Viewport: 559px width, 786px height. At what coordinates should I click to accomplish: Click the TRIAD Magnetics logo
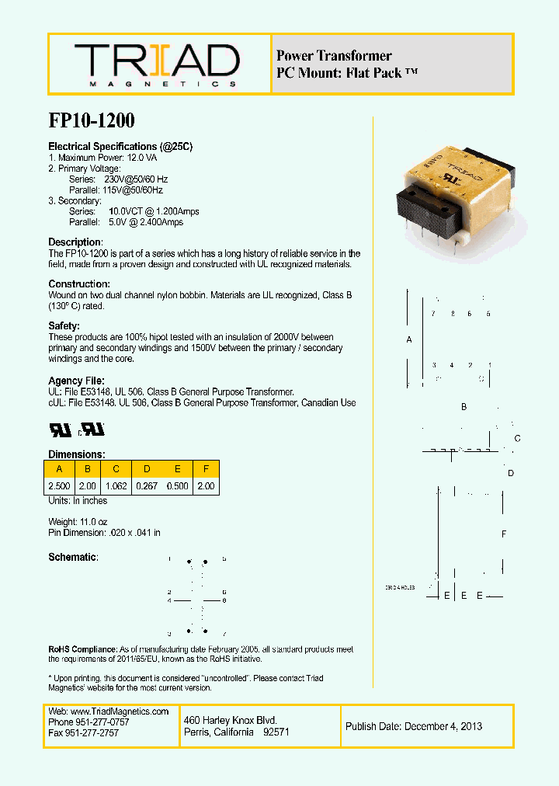[157, 64]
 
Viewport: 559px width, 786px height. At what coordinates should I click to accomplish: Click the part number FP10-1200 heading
[92, 121]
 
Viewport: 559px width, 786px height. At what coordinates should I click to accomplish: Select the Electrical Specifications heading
[120, 147]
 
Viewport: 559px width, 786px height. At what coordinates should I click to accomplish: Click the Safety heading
[64, 326]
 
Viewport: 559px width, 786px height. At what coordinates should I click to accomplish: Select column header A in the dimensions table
[59, 469]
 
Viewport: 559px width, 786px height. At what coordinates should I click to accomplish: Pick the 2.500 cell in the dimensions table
[59, 486]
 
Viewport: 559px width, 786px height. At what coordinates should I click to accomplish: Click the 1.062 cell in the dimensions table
[116, 486]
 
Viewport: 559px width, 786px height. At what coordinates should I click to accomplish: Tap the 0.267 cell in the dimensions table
[146, 486]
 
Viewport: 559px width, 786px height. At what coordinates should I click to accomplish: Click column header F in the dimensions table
[207, 469]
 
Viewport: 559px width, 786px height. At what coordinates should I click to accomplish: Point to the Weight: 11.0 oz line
[78, 521]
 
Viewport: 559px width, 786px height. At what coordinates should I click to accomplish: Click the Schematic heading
[73, 558]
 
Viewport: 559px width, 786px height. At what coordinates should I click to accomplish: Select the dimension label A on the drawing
[409, 340]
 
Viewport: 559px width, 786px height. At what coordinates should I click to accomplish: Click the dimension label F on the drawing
[504, 534]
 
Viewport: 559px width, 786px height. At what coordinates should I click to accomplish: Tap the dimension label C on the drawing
[517, 439]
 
